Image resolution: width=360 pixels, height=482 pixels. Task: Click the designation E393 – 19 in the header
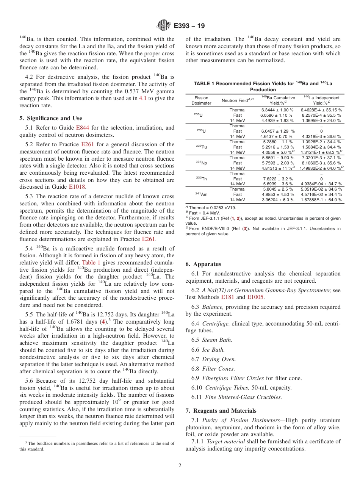point(189,26)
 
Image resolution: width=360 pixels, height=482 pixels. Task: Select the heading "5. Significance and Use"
point(50,118)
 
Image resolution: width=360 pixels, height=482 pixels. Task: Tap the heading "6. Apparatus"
point(203,264)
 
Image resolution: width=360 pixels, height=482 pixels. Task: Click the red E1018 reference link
point(77,187)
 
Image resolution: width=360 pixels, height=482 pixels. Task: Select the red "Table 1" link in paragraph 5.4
point(91,262)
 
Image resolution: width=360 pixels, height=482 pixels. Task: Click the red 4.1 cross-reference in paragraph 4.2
point(142,98)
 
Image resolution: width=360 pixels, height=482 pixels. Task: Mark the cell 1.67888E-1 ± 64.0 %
point(321,200)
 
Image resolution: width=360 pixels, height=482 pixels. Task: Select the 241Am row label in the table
point(201,194)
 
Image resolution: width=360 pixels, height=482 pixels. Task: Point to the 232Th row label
point(201,178)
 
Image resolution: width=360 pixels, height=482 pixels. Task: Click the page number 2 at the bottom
point(180,466)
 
